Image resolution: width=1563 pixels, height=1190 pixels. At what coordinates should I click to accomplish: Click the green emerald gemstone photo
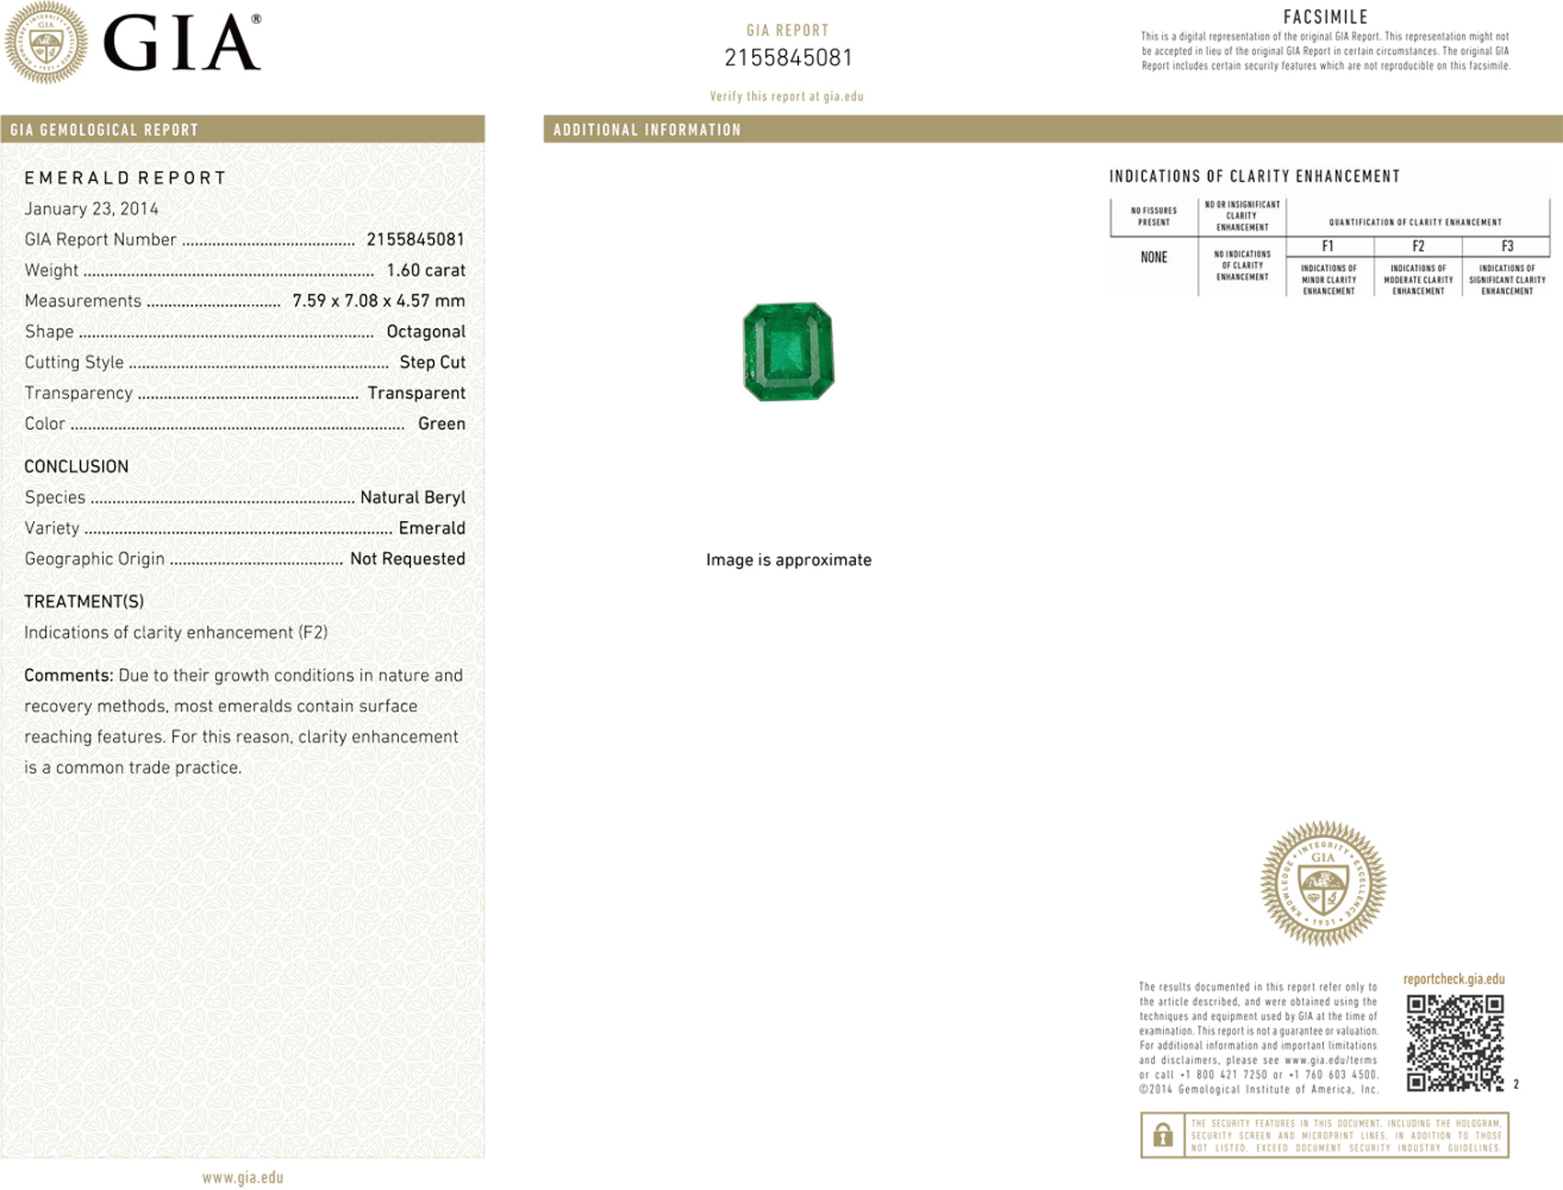[x=788, y=352]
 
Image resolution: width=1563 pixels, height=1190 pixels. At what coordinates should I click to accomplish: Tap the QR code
[x=1455, y=1042]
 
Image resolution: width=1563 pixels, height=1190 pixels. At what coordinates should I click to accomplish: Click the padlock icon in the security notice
[x=1162, y=1136]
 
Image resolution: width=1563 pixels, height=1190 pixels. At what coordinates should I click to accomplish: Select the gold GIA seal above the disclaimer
[x=1323, y=883]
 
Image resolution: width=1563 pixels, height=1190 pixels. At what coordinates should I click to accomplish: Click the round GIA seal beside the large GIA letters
[x=46, y=42]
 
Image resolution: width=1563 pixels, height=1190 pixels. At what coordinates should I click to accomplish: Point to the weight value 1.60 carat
[x=426, y=270]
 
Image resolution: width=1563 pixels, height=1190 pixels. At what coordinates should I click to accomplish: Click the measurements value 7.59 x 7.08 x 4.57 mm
[x=379, y=300]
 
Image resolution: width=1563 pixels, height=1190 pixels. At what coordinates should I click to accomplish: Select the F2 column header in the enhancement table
[x=1418, y=246]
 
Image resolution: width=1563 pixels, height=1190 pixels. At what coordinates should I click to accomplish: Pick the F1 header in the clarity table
[x=1328, y=246]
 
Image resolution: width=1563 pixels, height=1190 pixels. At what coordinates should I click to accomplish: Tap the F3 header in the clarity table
[x=1507, y=246]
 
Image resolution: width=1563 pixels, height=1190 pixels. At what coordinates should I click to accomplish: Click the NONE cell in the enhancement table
[x=1154, y=257]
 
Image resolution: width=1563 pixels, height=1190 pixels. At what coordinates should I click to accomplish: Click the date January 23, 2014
[x=91, y=209]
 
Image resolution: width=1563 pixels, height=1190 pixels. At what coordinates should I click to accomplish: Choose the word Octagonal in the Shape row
[x=426, y=332]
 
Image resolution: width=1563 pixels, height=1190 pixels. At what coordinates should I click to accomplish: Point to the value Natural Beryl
[x=413, y=497]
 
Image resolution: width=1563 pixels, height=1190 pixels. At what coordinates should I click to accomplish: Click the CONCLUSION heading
[x=76, y=467]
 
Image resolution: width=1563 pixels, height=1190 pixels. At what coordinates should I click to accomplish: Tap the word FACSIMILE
[x=1326, y=17]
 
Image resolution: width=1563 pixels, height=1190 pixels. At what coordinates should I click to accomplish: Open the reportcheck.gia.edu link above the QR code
[x=1454, y=980]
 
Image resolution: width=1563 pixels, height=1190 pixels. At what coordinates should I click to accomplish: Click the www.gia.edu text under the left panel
[x=243, y=1177]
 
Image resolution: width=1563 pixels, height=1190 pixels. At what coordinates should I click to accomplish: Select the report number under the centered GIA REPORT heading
[x=788, y=58]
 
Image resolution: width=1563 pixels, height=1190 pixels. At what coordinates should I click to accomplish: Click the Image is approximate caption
[x=788, y=560]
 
